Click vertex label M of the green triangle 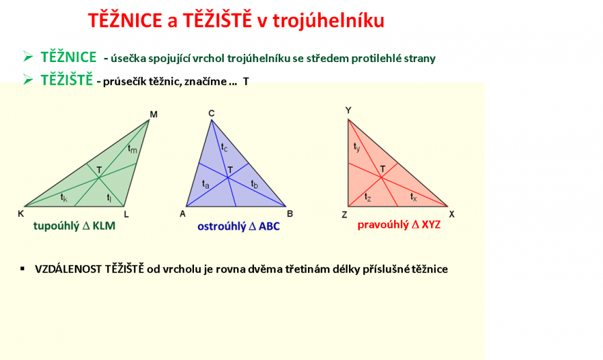pyautogui.click(x=154, y=114)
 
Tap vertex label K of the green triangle pyautogui.click(x=21, y=214)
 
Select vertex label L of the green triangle pyautogui.click(x=126, y=214)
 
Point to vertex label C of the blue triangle pyautogui.click(x=212, y=113)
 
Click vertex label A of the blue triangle pyautogui.click(x=183, y=214)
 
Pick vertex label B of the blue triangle pyautogui.click(x=290, y=214)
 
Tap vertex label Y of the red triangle pyautogui.click(x=348, y=111)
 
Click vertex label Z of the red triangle pyautogui.click(x=344, y=214)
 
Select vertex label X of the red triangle pyautogui.click(x=452, y=214)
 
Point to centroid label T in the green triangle pyautogui.click(x=99, y=170)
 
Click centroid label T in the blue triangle pyautogui.click(x=230, y=170)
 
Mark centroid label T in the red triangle pyautogui.click(x=383, y=169)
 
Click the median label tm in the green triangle pyautogui.click(x=132, y=149)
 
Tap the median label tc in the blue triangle pyautogui.click(x=224, y=148)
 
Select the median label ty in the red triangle pyautogui.click(x=357, y=148)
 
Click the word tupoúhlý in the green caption pyautogui.click(x=56, y=226)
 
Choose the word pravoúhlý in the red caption pyautogui.click(x=383, y=225)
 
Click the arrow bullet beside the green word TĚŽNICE pyautogui.click(x=28, y=57)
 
